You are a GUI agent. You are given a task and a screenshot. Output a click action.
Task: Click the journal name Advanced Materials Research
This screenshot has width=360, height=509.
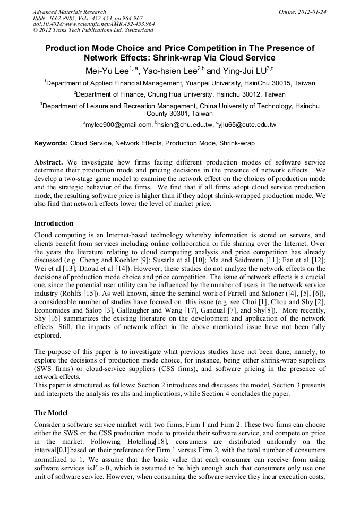coord(69,12)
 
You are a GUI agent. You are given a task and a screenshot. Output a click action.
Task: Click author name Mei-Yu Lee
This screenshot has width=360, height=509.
coord(106,71)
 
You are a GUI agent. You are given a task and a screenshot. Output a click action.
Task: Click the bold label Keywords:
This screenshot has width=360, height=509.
coord(51,143)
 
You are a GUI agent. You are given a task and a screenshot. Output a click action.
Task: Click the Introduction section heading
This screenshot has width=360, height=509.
coord(54,223)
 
